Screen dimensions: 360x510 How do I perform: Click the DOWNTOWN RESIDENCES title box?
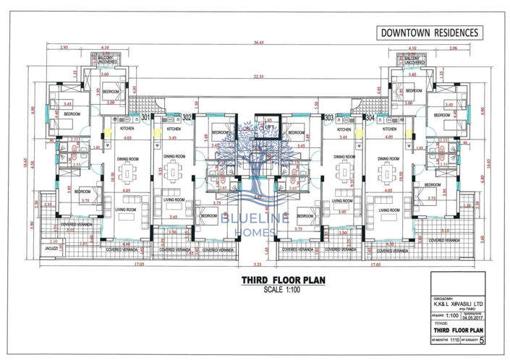pos(430,33)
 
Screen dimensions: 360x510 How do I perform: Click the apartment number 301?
pos(145,117)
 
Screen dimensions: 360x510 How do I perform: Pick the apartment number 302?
pos(187,117)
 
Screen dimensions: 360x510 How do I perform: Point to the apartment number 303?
pos(329,117)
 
